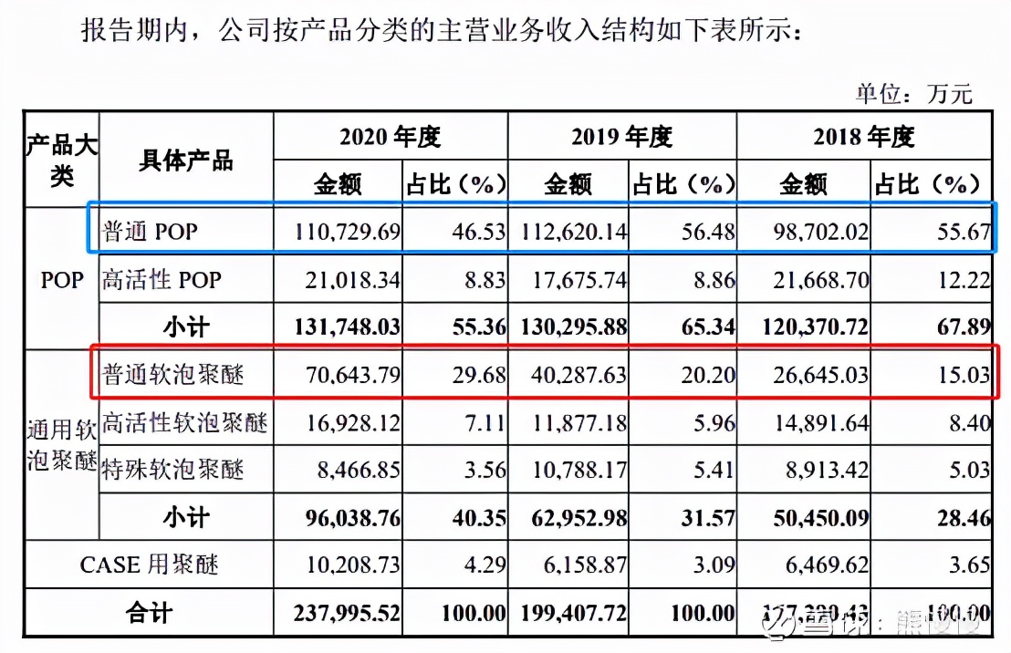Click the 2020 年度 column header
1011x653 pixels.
[x=390, y=137]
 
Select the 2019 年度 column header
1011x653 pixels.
[x=621, y=137]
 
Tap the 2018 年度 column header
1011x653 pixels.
[x=863, y=137]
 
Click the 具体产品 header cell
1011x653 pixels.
[x=185, y=161]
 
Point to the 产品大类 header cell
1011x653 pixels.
[x=61, y=161]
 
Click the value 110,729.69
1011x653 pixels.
[x=348, y=232]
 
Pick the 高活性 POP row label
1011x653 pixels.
[x=162, y=279]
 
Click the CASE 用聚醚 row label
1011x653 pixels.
[x=150, y=565]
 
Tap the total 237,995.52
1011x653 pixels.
[x=347, y=614]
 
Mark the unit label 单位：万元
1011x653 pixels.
[x=913, y=92]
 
